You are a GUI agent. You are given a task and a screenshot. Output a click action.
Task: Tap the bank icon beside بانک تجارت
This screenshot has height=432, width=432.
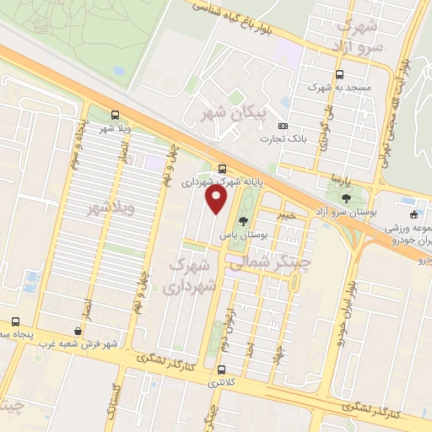(x=283, y=126)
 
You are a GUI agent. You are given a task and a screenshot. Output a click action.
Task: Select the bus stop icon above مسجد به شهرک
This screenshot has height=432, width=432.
(x=339, y=74)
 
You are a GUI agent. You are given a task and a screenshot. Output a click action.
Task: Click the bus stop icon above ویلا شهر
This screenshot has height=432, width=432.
(x=115, y=116)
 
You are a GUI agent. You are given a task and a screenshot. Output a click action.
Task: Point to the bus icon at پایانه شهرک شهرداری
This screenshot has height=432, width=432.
(x=222, y=168)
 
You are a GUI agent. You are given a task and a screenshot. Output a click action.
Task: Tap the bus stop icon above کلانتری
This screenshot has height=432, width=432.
(x=221, y=370)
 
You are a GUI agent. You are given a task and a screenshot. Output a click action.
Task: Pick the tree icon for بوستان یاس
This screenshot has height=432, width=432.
(x=244, y=221)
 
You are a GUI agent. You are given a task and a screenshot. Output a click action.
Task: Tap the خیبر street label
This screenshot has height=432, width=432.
(x=288, y=214)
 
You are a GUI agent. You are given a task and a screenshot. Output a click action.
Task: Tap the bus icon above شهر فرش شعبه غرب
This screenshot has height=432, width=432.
(x=16, y=321)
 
